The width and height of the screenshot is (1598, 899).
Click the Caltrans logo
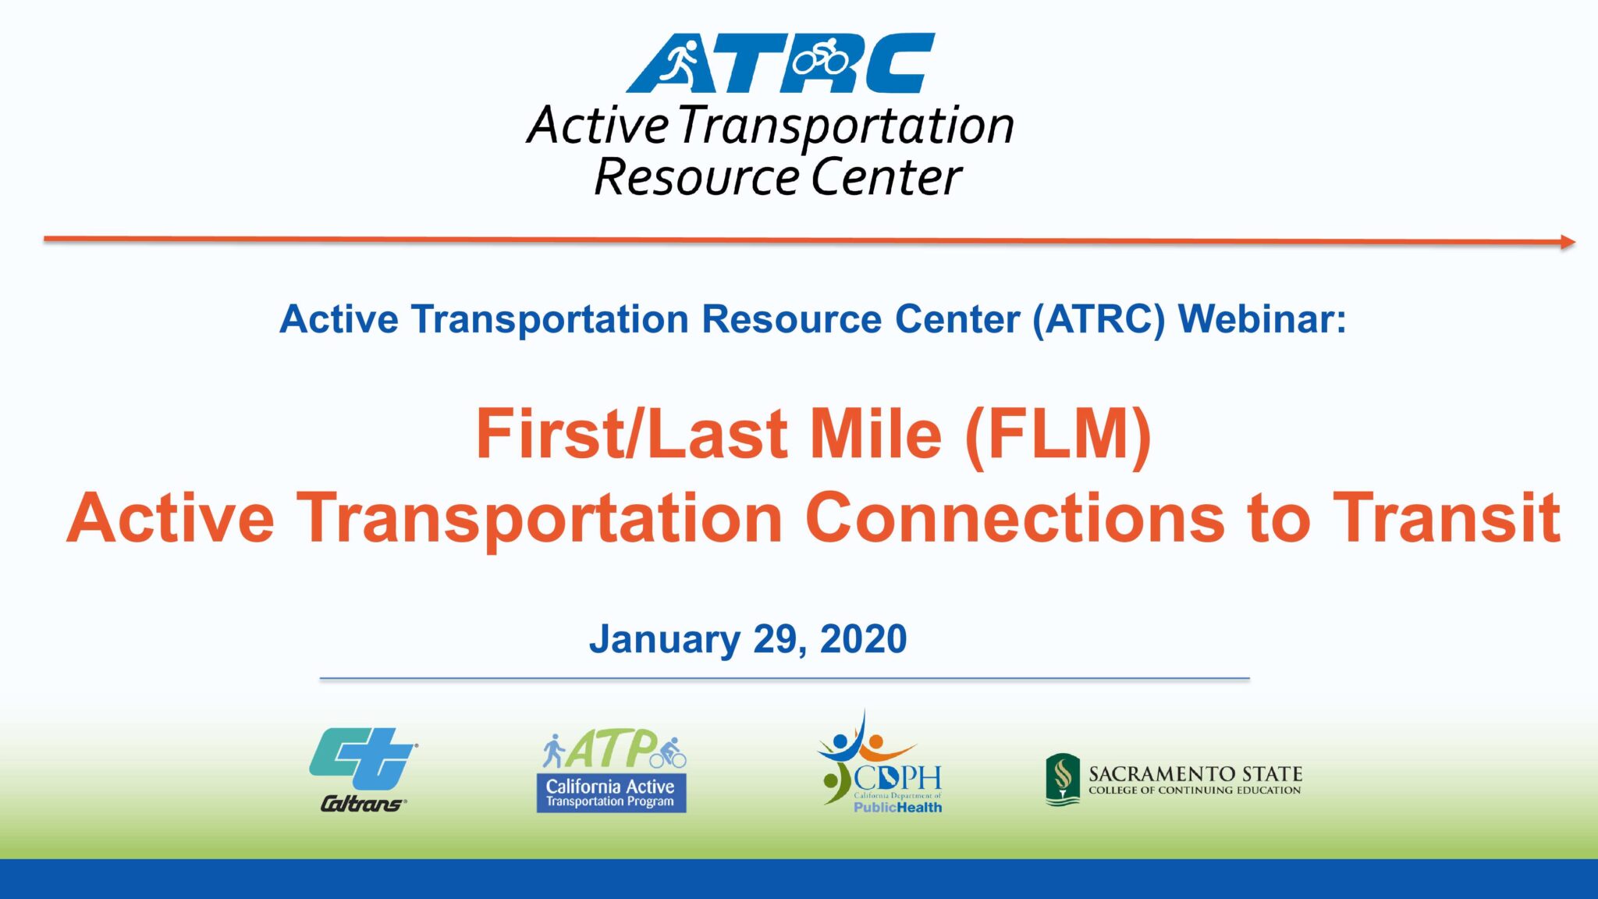363,769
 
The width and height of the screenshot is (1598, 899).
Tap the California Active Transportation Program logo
612,771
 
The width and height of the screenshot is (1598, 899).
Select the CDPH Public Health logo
881,765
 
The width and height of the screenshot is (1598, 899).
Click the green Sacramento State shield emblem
1062,779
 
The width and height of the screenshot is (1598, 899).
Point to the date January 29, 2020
748,639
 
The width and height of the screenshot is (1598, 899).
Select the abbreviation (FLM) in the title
1058,435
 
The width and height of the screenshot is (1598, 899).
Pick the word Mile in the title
875,435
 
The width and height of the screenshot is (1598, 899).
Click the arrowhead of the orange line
1567,242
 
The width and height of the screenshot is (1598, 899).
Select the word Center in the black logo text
886,177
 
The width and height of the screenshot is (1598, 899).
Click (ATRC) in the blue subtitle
1099,319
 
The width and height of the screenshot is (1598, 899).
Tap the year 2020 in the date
863,639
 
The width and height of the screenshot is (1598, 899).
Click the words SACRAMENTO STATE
1195,773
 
